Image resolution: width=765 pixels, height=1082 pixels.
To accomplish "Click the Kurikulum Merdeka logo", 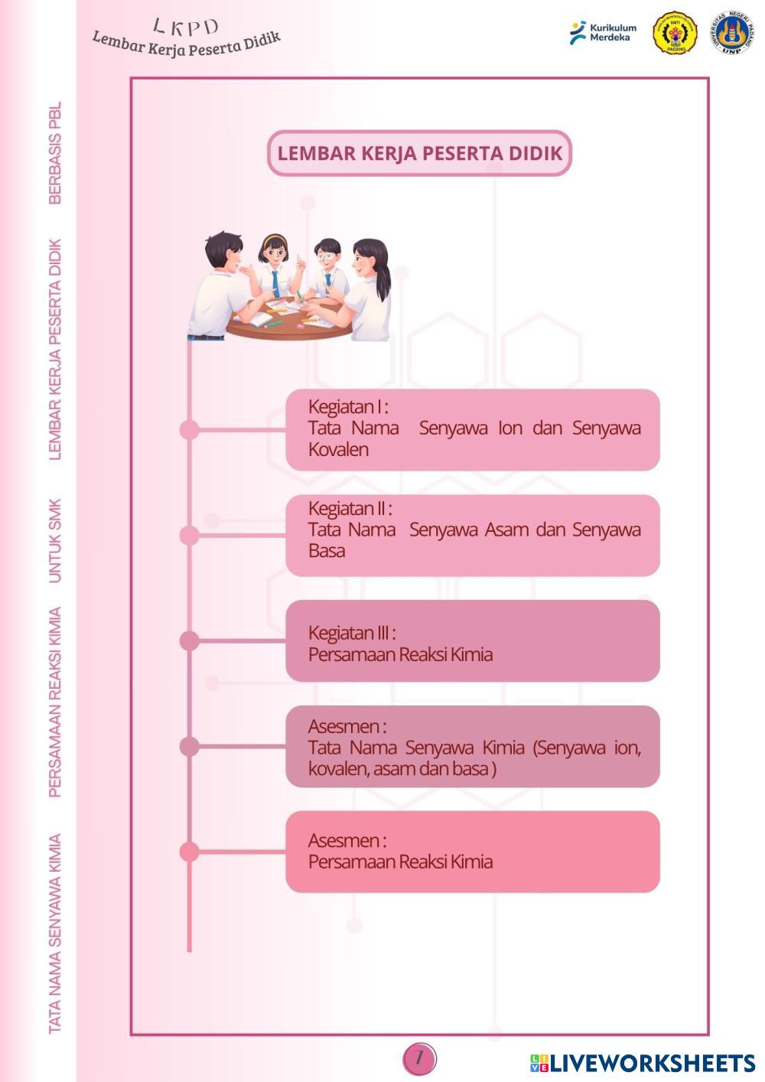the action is (603, 33).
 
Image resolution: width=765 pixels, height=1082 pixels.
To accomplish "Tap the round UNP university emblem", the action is (731, 32).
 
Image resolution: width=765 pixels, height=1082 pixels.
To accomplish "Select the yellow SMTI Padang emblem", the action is (675, 32).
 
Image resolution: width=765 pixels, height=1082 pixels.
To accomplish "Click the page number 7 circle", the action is (419, 1058).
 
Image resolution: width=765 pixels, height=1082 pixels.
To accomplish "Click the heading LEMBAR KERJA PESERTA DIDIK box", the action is (419, 153).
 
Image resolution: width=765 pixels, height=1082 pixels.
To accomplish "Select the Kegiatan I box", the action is (473, 429).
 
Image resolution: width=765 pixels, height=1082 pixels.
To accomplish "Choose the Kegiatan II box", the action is (473, 535).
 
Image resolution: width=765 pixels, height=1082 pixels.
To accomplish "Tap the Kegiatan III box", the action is (473, 640).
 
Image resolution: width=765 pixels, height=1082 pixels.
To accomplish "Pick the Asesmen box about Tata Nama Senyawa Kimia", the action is (473, 746).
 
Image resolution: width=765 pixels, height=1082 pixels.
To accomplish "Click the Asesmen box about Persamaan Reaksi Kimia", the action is (473, 852).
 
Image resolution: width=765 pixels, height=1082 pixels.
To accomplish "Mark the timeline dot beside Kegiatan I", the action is (189, 429).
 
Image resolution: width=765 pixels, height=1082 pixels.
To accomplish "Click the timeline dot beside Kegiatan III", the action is (189, 641).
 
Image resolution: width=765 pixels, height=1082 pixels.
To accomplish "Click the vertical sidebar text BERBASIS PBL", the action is (55, 152).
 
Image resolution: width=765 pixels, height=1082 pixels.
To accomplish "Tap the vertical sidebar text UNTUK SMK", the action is (55, 540).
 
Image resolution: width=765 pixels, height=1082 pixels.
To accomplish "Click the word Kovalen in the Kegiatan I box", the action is (339, 450).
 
